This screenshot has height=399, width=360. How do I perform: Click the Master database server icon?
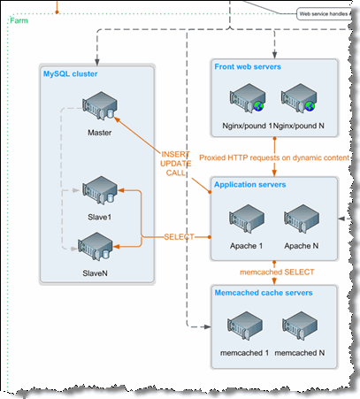coord(100,105)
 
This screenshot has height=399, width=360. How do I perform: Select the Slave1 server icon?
coord(100,190)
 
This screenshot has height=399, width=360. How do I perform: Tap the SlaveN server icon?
coord(96,246)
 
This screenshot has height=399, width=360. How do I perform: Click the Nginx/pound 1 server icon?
coord(248,97)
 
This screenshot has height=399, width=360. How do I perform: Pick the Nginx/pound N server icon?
coord(299,97)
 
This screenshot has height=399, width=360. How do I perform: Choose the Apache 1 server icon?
coord(247,219)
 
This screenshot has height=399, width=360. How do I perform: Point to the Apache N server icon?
coord(302,219)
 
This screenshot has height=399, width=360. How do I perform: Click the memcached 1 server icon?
coord(245,326)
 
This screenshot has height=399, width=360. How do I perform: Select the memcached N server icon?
coord(300,326)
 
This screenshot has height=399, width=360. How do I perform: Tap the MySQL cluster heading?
coord(71,73)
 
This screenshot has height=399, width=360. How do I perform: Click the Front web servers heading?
coord(248,66)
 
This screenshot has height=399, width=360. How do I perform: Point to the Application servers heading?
coord(250,185)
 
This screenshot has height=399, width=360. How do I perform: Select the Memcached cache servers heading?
coord(264,293)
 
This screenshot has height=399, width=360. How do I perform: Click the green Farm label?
coord(19,20)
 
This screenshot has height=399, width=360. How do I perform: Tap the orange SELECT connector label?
coord(179,237)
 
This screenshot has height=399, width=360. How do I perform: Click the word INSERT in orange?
coord(176,154)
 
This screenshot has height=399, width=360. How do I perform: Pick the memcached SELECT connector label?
coord(277,272)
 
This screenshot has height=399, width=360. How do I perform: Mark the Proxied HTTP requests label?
coord(274,157)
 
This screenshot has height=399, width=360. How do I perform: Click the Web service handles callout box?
coord(324,14)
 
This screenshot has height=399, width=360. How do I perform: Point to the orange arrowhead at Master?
coord(117,119)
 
